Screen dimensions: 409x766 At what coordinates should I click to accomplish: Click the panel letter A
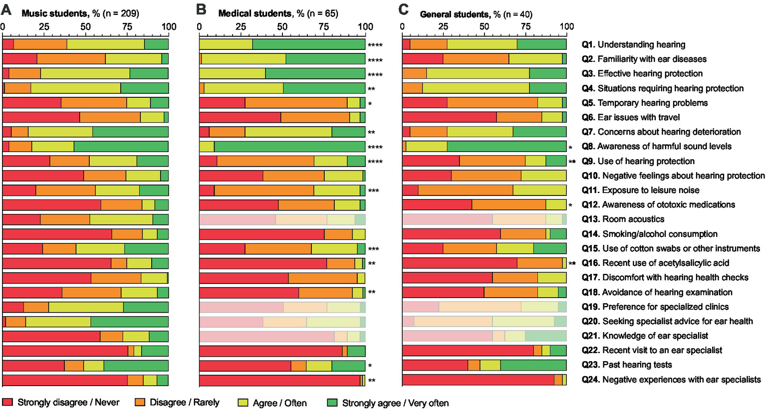pos(7,10)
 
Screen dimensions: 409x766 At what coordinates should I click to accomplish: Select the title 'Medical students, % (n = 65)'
pos(278,13)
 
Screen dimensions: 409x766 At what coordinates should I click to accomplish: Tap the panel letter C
pos(404,10)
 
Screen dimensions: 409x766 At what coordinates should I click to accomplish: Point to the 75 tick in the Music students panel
pos(127,26)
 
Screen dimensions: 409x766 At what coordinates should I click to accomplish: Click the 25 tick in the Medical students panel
pos(241,26)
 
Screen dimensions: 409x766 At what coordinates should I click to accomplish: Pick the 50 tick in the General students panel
pos(484,26)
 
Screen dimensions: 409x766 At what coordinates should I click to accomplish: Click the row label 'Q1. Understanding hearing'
pos(633,44)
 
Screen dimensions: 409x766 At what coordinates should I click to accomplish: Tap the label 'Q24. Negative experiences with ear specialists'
pos(671,380)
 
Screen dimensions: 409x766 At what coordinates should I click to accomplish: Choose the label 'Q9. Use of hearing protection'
pos(638,161)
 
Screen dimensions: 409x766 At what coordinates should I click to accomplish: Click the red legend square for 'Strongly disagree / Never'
pos(7,403)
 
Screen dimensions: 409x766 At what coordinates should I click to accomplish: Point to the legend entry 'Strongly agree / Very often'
pos(395,403)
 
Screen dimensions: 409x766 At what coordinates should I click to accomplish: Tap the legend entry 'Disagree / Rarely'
pos(184,403)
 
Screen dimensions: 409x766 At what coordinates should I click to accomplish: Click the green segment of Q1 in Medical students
pos(308,44)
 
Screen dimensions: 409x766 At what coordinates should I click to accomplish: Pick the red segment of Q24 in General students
pos(478,380)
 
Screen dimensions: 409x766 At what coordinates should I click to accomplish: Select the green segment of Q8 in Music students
pos(121,147)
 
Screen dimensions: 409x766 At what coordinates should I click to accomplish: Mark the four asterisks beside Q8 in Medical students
pos(375,147)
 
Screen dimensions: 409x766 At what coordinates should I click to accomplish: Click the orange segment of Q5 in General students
pos(492,103)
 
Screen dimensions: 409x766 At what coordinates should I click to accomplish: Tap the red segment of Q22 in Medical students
pos(270,351)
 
